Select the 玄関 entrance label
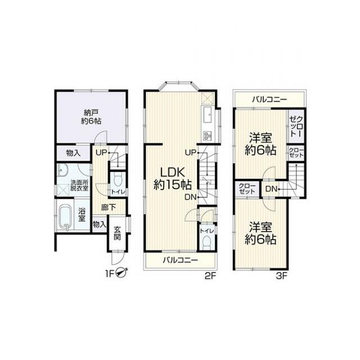click(x=118, y=233)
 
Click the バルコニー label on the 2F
click(x=181, y=260)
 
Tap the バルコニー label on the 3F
click(x=269, y=100)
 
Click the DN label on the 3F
click(x=271, y=189)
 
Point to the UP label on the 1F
click(x=102, y=152)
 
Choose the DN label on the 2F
click(x=191, y=197)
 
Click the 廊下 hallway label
click(x=109, y=208)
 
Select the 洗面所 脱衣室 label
click(x=79, y=186)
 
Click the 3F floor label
click(x=282, y=276)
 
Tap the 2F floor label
click(x=210, y=276)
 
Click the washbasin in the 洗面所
click(x=61, y=170)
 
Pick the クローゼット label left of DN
click(x=247, y=188)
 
